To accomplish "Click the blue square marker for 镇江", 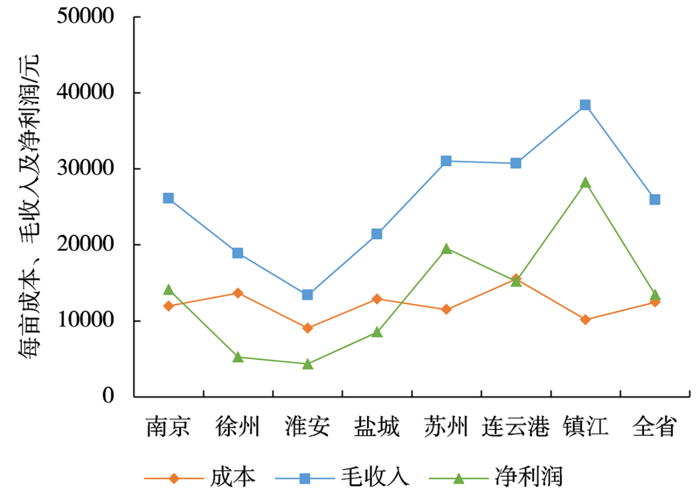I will point(585,105).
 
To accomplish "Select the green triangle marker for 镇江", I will point(585,182).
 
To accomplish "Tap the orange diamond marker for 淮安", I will point(307,328).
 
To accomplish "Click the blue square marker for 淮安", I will point(307,295).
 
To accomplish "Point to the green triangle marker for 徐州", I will point(238,356).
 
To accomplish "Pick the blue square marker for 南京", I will point(168,198).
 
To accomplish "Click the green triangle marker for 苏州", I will point(446,248).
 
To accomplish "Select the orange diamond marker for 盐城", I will point(377,299).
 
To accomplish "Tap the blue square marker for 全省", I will point(655,199).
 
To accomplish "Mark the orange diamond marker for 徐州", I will point(238,293).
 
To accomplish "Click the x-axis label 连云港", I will point(515,428).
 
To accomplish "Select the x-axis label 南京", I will point(168,428).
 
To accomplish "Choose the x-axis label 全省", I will point(655,428).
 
